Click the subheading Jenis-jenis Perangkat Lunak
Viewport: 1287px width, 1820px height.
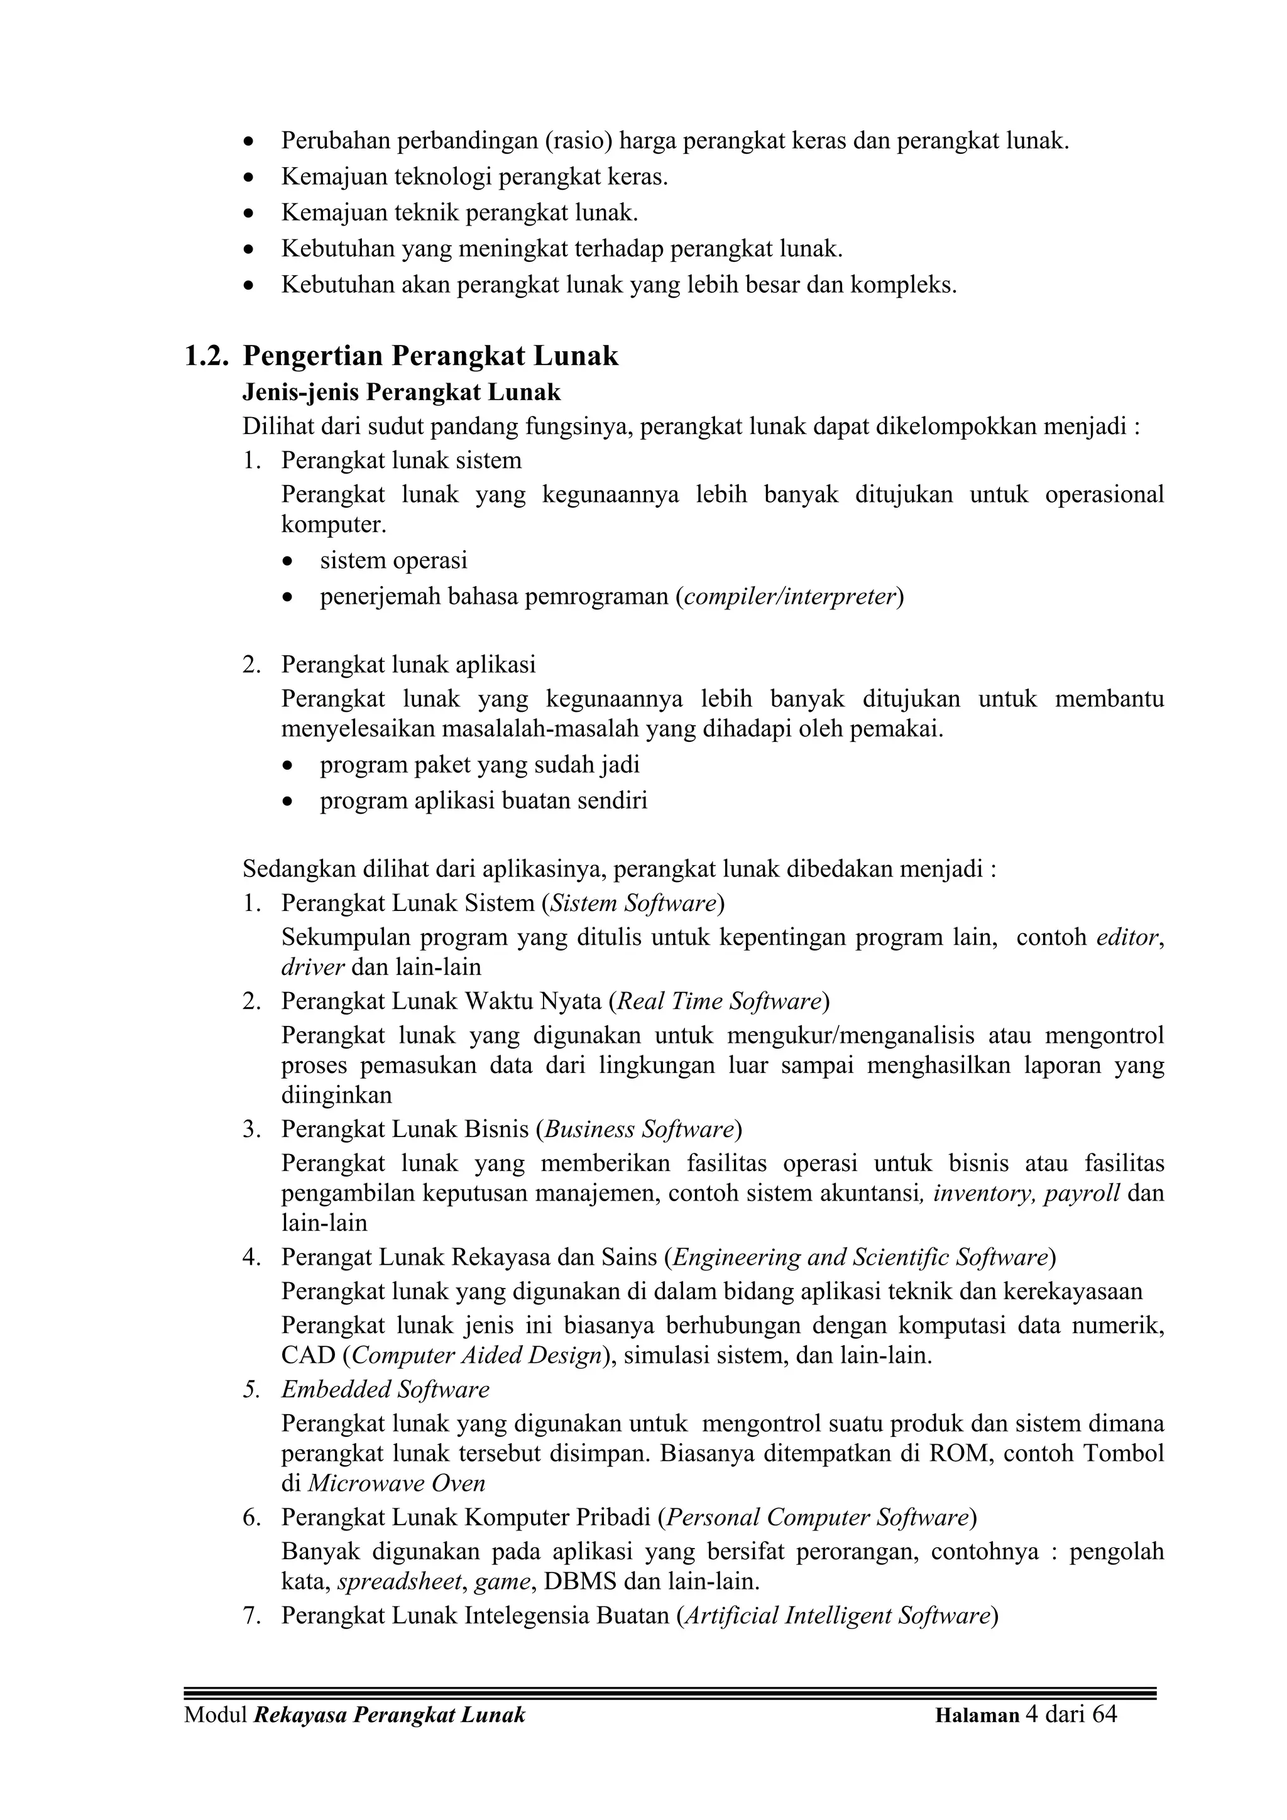tap(402, 393)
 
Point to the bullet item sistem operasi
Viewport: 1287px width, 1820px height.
tap(393, 560)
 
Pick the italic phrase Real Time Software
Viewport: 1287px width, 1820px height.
tap(718, 1001)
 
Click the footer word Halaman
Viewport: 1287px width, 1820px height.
tap(977, 1715)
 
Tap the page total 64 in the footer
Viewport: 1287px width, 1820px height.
tap(1104, 1714)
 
